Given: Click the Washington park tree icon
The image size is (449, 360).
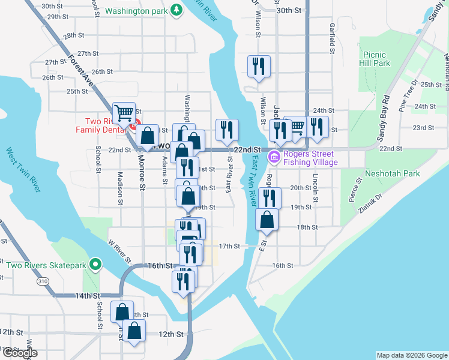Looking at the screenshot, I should (176, 10).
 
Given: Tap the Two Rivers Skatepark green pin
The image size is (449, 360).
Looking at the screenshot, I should (94, 264).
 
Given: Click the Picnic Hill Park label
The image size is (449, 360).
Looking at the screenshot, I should (375, 59).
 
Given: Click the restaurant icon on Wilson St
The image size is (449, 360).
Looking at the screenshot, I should (259, 65).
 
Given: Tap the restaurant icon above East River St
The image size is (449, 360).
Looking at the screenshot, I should (228, 130).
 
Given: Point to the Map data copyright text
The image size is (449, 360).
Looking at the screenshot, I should (412, 355).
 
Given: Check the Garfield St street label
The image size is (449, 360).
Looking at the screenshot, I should (331, 37).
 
